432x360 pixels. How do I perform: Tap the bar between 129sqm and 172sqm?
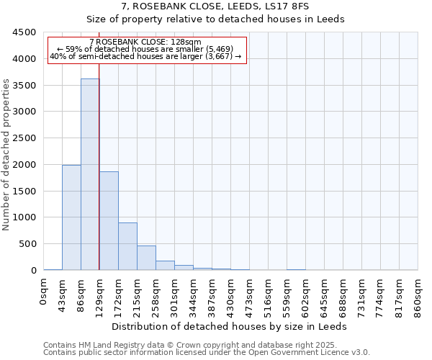click(109, 220)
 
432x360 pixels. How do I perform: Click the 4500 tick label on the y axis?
click(24, 32)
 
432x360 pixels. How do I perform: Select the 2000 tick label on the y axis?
click(24, 165)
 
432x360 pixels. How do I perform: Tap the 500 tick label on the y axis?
click(27, 244)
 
